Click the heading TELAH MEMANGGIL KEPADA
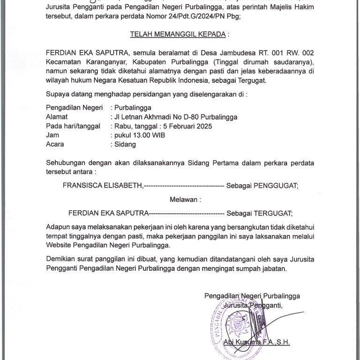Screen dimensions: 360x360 [x=180, y=34]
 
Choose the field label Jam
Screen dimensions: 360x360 [x=52, y=135]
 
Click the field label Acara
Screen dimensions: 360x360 [x=55, y=144]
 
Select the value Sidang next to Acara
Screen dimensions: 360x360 [x=126, y=144]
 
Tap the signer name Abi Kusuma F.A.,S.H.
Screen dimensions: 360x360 [x=257, y=342]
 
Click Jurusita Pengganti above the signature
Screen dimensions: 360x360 [x=253, y=306]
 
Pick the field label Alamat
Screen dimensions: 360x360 [x=57, y=117]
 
